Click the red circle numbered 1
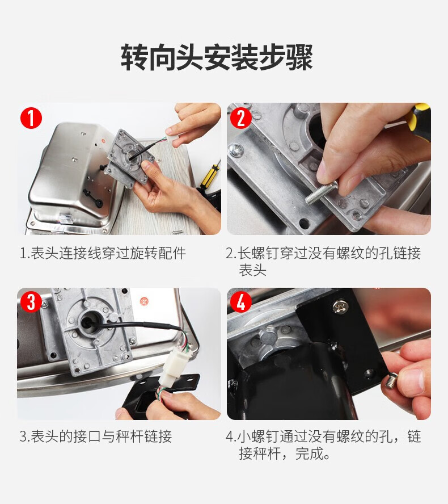click(x=31, y=118)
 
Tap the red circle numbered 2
click(x=241, y=118)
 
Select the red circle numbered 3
click(x=31, y=302)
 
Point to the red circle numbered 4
click(x=241, y=302)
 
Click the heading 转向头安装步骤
click(x=217, y=57)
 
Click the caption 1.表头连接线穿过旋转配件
click(x=103, y=253)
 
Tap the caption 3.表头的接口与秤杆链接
click(x=96, y=436)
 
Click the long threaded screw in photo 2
click(x=320, y=192)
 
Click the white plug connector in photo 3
click(x=176, y=367)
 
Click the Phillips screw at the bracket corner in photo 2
click(x=236, y=150)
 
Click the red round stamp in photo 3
click(x=143, y=301)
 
